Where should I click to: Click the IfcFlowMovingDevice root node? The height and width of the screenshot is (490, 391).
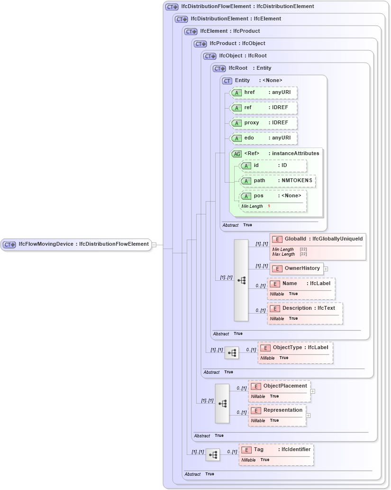[76, 244]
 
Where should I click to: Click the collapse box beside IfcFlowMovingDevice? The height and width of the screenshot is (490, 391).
[154, 244]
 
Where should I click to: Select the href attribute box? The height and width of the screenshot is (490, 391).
[264, 92]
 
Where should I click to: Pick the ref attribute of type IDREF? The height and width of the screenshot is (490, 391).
[264, 108]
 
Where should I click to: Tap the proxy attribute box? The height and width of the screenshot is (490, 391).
[264, 123]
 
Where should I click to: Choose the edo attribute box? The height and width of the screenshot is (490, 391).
[264, 138]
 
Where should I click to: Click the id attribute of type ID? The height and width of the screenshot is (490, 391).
[273, 166]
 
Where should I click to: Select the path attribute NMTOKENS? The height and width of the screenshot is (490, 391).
[278, 181]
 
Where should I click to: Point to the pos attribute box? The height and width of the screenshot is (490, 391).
[273, 196]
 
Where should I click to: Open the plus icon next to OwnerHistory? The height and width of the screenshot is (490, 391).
[326, 269]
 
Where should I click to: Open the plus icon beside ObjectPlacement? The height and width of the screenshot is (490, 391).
[313, 392]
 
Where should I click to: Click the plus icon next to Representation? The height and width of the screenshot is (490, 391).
[308, 416]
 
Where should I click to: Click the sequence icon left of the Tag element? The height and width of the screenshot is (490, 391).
[213, 455]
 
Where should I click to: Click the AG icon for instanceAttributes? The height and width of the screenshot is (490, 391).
[236, 154]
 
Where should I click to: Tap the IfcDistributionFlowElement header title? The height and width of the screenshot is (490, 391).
[247, 7]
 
